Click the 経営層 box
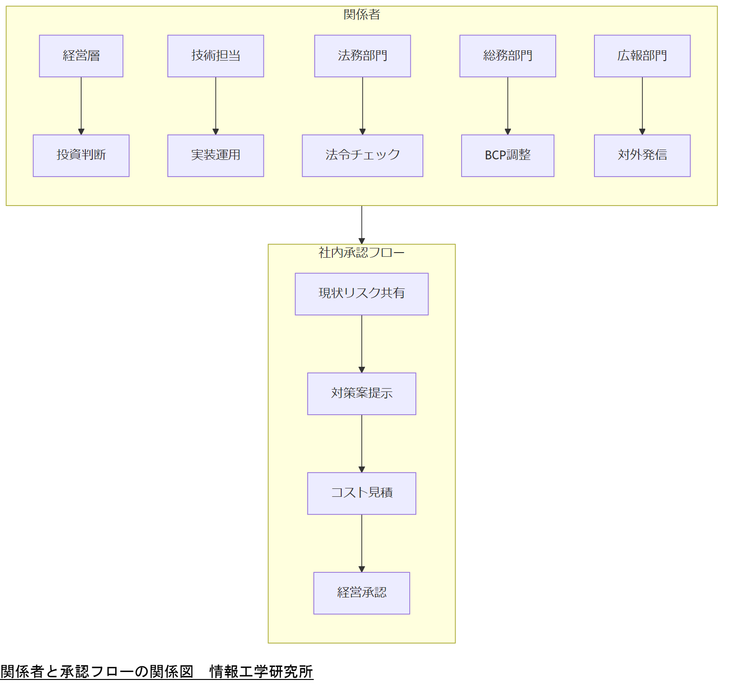(x=81, y=56)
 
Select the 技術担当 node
(x=215, y=56)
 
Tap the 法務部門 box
(x=362, y=56)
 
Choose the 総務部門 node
(x=508, y=56)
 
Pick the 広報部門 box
(x=642, y=56)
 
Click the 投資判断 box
(x=81, y=156)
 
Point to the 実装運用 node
(x=215, y=156)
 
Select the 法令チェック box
(x=362, y=156)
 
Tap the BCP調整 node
(x=508, y=156)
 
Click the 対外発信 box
(x=642, y=156)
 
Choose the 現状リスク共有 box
(x=361, y=294)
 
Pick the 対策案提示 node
(x=361, y=394)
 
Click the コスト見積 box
(x=361, y=494)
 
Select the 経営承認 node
(x=361, y=593)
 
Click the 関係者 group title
(x=362, y=15)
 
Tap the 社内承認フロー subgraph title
(x=361, y=253)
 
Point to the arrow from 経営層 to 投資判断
(x=81, y=106)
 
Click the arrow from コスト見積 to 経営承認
(x=362, y=543)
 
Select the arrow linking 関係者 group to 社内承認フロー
(x=362, y=225)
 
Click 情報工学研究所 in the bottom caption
(x=261, y=672)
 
